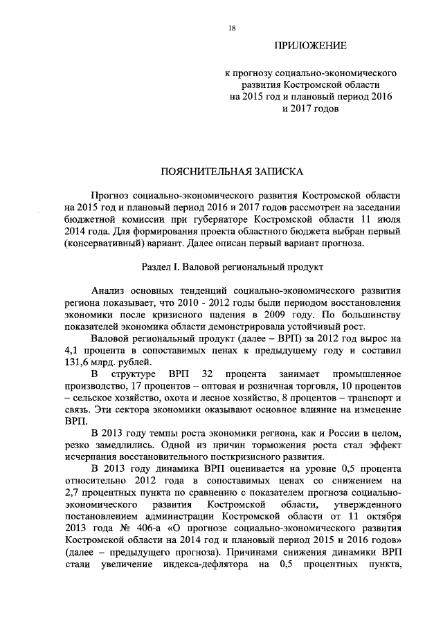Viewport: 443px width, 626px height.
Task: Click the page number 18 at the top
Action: click(x=232, y=27)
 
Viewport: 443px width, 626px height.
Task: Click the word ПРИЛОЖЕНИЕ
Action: click(x=310, y=46)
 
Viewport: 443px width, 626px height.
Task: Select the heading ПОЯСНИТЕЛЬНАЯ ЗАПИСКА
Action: click(x=232, y=169)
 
